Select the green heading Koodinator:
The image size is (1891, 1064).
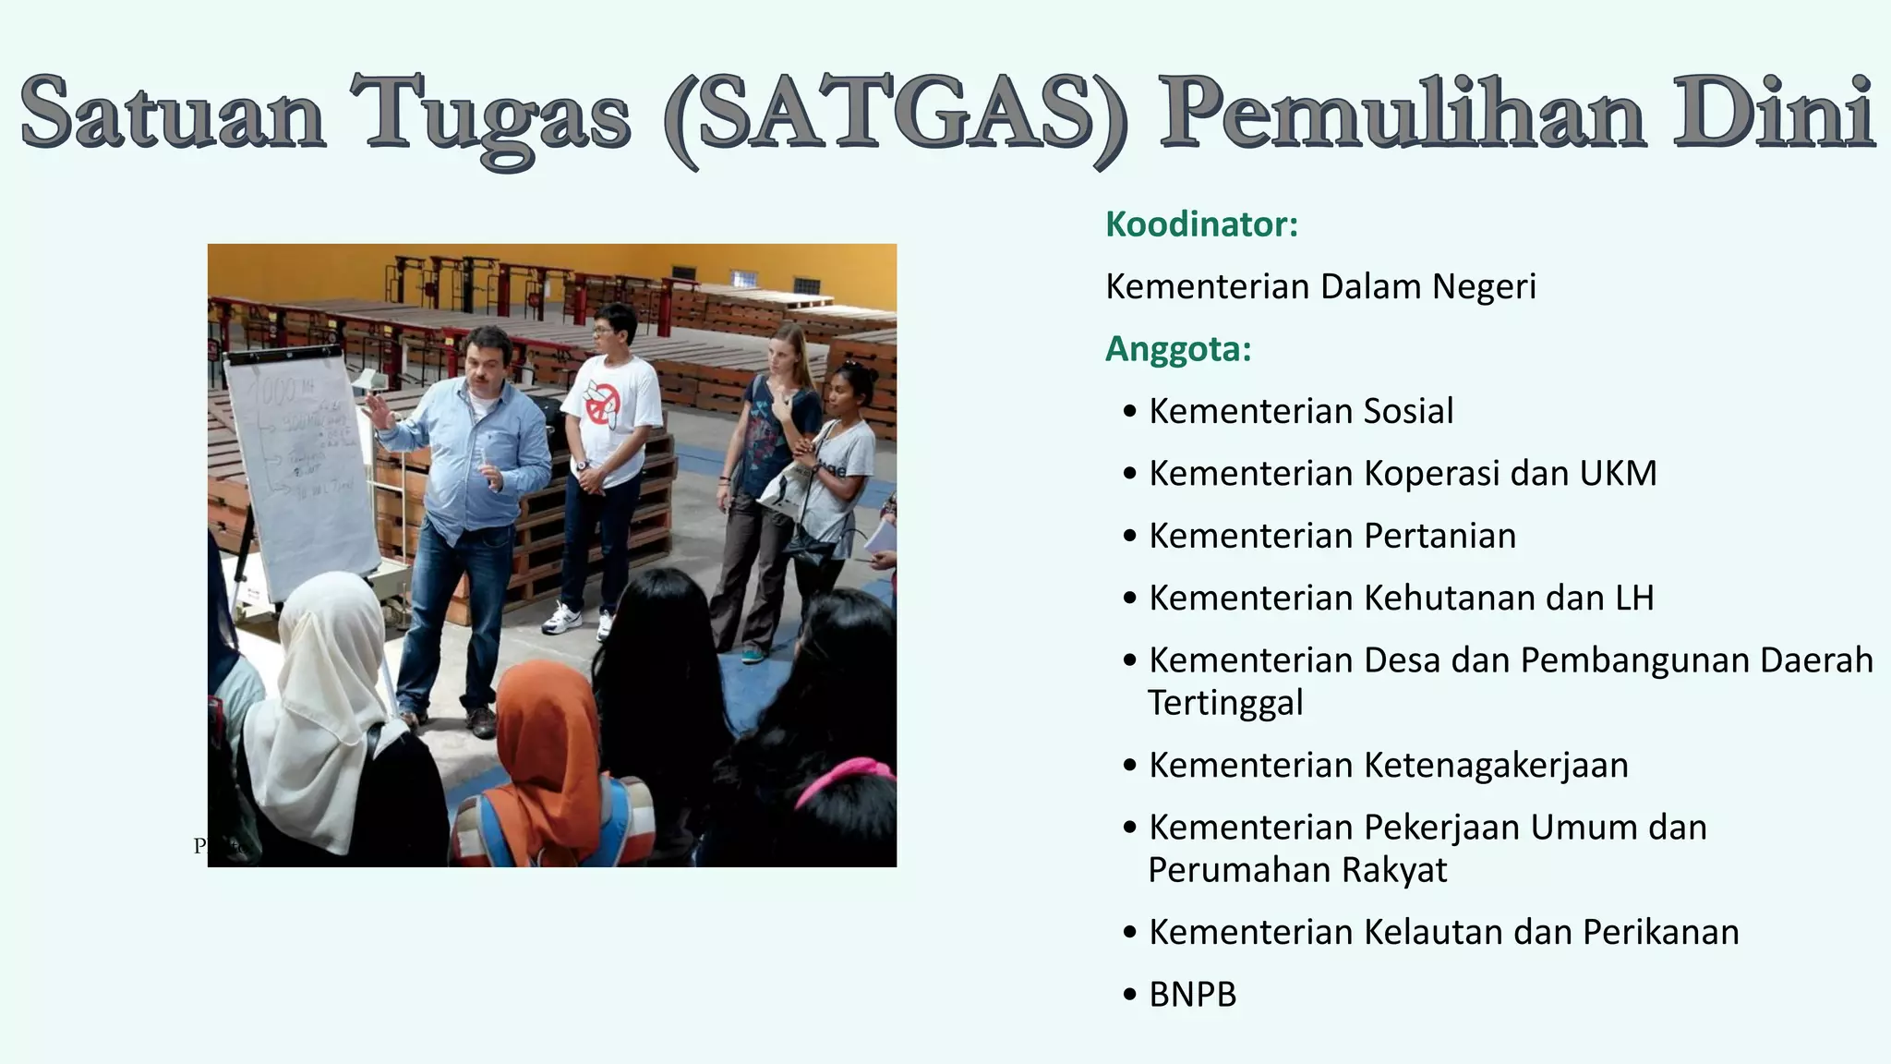(1201, 224)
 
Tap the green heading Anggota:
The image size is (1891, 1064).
(1178, 349)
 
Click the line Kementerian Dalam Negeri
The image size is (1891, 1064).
(1320, 287)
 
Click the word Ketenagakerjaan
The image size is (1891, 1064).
(1496, 766)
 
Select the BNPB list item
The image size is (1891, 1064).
(1192, 995)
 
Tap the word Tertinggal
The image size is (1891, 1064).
(1225, 703)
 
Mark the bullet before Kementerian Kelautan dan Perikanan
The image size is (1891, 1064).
(1130, 934)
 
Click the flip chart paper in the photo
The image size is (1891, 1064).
(301, 462)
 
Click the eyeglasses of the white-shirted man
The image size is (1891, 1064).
(605, 330)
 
